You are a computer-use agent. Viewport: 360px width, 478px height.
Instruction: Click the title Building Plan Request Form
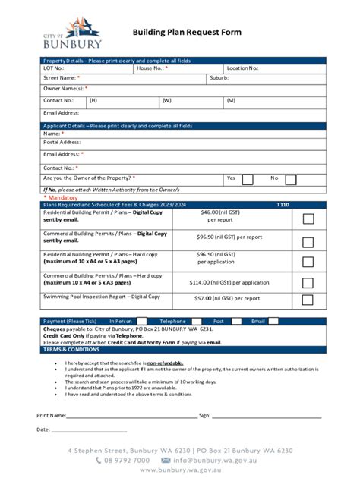click(x=187, y=33)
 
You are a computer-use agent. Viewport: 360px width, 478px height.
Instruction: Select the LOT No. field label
click(x=54, y=68)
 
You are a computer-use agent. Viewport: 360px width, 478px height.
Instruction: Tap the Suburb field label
click(x=219, y=78)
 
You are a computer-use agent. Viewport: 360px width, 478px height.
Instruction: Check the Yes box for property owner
click(x=248, y=179)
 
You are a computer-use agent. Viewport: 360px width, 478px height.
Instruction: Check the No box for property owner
click(x=290, y=179)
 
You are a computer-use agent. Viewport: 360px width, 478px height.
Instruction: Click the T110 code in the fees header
click(x=283, y=205)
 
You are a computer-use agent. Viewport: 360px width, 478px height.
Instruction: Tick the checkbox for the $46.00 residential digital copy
click(x=308, y=219)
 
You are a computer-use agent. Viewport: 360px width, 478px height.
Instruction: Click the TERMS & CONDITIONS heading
click(x=71, y=349)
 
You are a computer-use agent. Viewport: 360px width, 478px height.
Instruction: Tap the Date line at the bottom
click(x=89, y=430)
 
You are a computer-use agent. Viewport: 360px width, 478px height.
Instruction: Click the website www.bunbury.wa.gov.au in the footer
click(x=180, y=470)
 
